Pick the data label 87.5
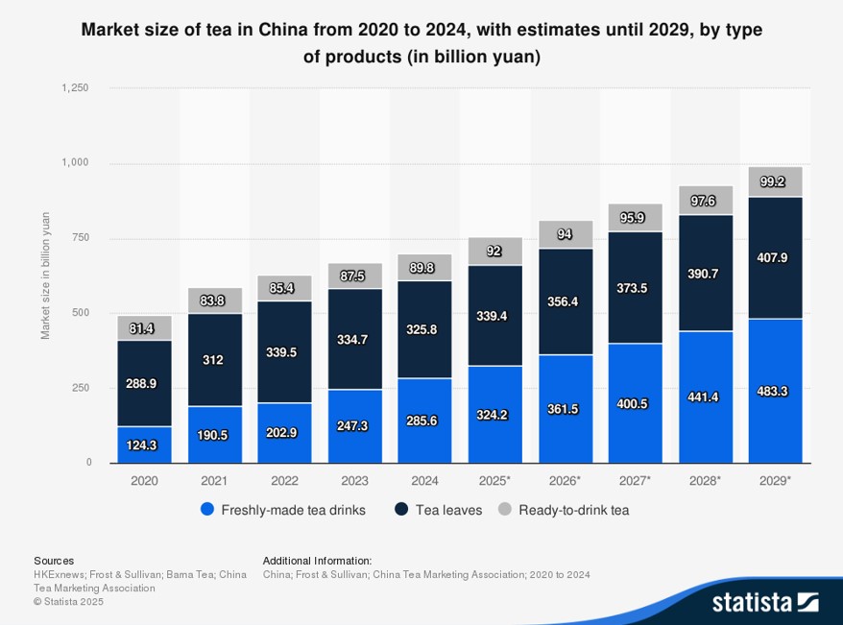click(x=354, y=276)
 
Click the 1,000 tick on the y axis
click(x=75, y=163)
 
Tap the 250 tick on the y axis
click(x=82, y=388)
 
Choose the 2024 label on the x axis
click(x=424, y=480)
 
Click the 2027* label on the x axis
click(x=635, y=480)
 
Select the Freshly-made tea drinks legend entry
click(x=283, y=510)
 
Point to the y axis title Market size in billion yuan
click(x=45, y=276)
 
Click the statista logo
click(x=764, y=602)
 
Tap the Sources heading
click(x=54, y=561)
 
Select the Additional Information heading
click(x=317, y=561)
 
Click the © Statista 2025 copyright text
click(x=68, y=602)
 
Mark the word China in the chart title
click(x=284, y=30)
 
